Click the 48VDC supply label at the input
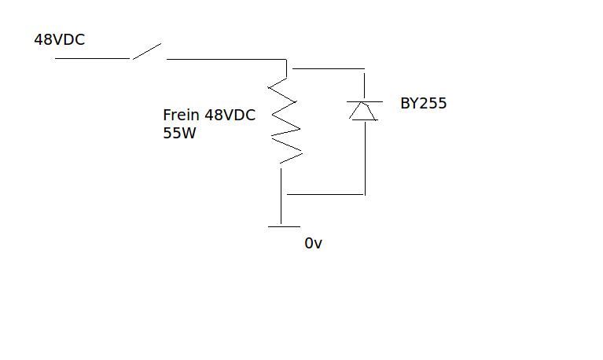[59, 39]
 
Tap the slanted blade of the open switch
[146, 51]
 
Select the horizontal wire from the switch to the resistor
[226, 58]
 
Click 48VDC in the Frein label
[230, 115]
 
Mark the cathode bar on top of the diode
[364, 102]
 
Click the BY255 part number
[423, 103]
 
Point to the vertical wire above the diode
[364, 85]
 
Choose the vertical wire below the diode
[364, 157]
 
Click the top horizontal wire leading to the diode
[328, 69]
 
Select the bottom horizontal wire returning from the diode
[325, 193]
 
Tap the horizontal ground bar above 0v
[284, 226]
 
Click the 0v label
[314, 244]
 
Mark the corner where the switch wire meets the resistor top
[286, 59]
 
